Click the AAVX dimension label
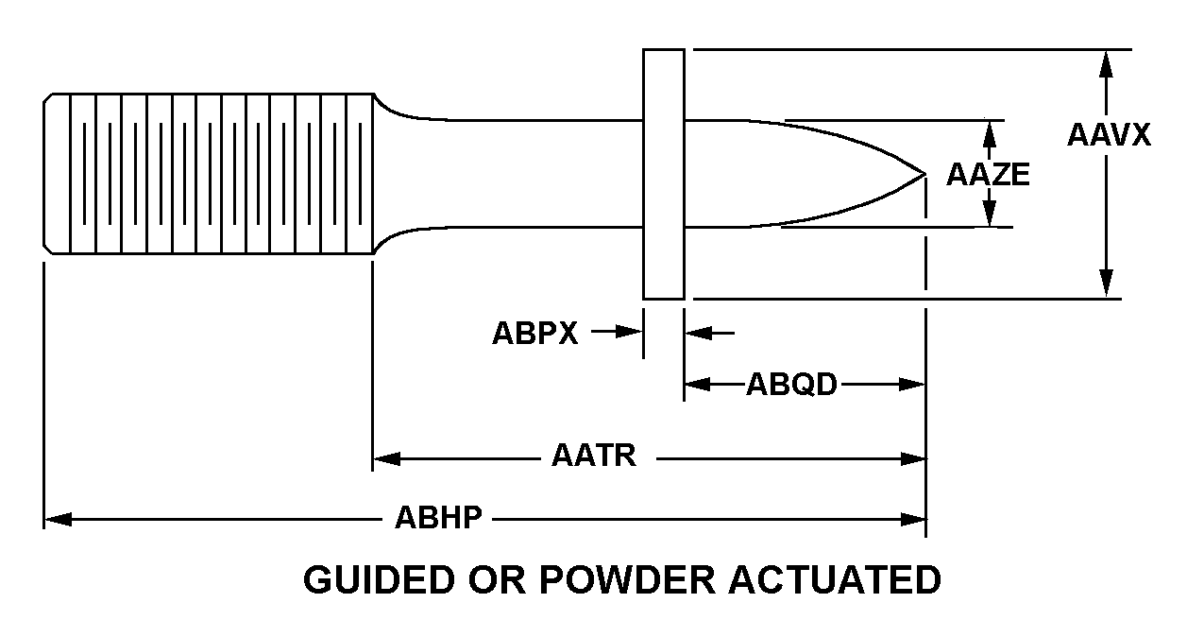[1109, 134]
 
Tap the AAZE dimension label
[988, 175]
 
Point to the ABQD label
[791, 385]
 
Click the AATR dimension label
[594, 457]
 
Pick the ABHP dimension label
[439, 518]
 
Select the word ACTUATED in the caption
[836, 578]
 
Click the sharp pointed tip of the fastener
[923, 174]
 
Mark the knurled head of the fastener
[210, 173]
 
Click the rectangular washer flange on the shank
[664, 173]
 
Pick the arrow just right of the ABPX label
[628, 332]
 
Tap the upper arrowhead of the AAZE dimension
[989, 131]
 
